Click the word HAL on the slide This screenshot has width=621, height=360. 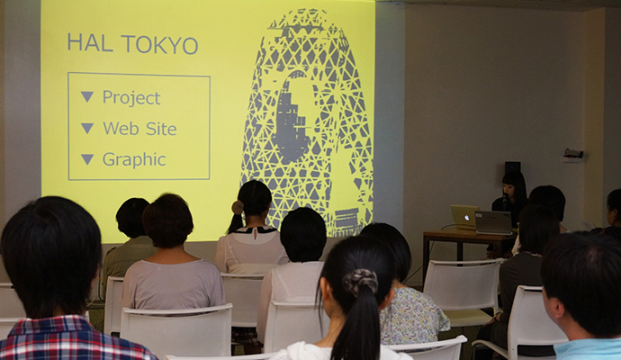pyautogui.click(x=90, y=43)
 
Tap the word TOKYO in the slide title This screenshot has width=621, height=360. pyautogui.click(x=159, y=45)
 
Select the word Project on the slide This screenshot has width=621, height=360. pyautogui.click(x=131, y=98)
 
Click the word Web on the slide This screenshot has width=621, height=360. pyautogui.click(x=121, y=129)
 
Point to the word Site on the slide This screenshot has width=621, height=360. pyautogui.click(x=161, y=129)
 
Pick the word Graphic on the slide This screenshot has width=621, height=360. pyautogui.click(x=134, y=160)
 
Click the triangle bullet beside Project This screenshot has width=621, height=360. pyautogui.click(x=87, y=96)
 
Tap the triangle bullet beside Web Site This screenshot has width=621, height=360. pyautogui.click(x=87, y=128)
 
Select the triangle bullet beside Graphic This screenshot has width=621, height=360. pyautogui.click(x=87, y=159)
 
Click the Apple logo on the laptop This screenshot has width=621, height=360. pyautogui.click(x=466, y=218)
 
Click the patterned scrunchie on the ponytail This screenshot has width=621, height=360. pyautogui.click(x=360, y=281)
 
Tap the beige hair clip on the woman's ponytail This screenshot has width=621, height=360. pyautogui.click(x=238, y=207)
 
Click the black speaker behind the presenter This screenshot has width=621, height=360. pyautogui.click(x=512, y=167)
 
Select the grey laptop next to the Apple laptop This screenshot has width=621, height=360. pyautogui.click(x=494, y=222)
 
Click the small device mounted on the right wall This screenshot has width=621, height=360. pyautogui.click(x=573, y=155)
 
